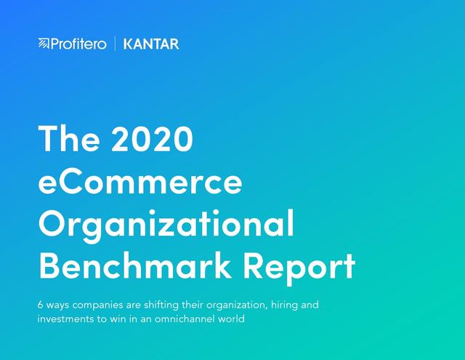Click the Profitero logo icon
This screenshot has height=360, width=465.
coord(44,44)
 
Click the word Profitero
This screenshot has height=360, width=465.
coord(78,44)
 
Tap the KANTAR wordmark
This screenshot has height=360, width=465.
coord(151,44)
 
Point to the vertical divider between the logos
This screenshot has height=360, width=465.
coord(115,44)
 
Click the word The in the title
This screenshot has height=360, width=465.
coord(69,139)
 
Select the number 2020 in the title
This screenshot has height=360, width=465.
coord(153,139)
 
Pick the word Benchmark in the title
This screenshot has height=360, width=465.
coord(135,265)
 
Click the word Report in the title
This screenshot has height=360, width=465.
coord(299,268)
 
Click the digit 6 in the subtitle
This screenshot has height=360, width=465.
coord(41,305)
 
